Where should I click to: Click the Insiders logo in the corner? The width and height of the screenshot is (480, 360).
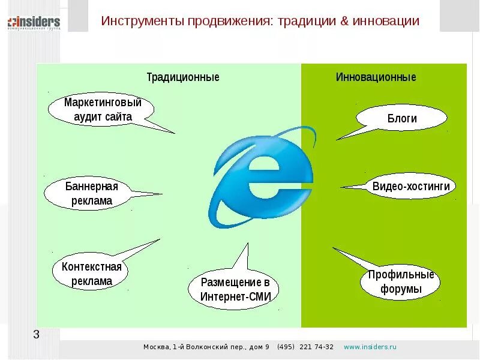coord(34,23)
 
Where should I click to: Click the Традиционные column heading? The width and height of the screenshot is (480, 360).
coord(183,77)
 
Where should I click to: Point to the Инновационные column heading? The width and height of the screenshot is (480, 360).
coord(376,77)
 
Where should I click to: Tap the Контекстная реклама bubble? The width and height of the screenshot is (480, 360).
coord(91,274)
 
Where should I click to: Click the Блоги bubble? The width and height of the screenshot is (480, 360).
coord(402,118)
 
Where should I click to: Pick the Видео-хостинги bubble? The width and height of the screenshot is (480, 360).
coord(410,186)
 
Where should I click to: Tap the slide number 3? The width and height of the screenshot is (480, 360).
coord(36,334)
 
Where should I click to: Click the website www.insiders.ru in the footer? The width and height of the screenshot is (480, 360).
coord(370,347)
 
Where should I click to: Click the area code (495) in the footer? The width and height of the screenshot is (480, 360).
coord(286,347)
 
